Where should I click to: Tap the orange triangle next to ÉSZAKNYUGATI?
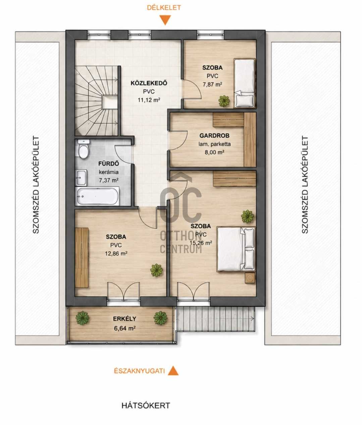[173, 370]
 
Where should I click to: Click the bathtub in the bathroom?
[97, 196]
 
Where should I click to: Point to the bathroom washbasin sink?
[81, 178]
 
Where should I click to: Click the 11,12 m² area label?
[149, 100]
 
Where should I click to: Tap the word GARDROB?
[214, 135]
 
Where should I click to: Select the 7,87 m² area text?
[212, 84]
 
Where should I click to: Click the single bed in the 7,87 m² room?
[245, 83]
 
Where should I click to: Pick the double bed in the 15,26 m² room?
[236, 249]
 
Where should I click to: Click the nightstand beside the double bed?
[250, 278]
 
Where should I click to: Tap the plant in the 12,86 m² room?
[157, 270]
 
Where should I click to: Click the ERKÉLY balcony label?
[124, 319]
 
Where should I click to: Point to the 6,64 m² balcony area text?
[125, 328]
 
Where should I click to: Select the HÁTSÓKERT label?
[146, 406]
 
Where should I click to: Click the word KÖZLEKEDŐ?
[149, 83]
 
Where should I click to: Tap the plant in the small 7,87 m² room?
[224, 101]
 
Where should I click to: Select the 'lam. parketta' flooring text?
[214, 144]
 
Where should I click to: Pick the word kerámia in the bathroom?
[109, 172]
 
